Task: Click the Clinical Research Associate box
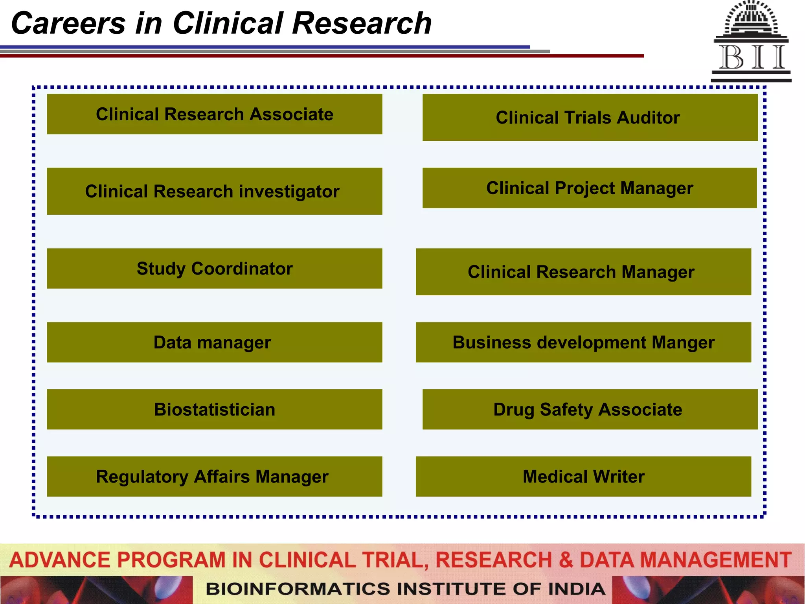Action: tap(214, 114)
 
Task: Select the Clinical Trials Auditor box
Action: tap(590, 117)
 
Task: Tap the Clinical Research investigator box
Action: tap(214, 191)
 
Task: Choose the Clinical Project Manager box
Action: tap(590, 188)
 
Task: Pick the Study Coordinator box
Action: tap(214, 268)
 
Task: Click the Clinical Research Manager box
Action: tap(583, 272)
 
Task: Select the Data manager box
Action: tap(214, 342)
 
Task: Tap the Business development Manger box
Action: tap(583, 342)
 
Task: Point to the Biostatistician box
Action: tap(214, 409)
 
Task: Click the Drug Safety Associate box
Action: tap(590, 409)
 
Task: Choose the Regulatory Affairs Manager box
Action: tap(214, 476)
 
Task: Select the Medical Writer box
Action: tap(583, 476)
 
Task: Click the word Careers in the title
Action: tap(68, 24)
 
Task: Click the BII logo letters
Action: tap(751, 57)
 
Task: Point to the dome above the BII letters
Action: tap(751, 18)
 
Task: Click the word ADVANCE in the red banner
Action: tap(60, 560)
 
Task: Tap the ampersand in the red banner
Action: tap(566, 560)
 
